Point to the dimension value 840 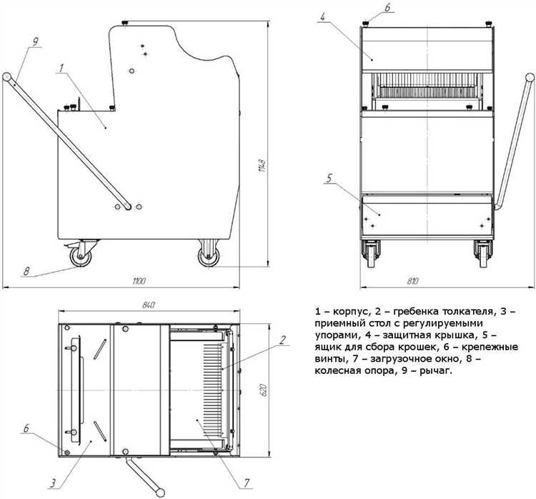tap(149, 305)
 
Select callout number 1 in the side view tap(62, 68)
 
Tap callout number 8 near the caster tap(26, 271)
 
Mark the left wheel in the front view tap(372, 253)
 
